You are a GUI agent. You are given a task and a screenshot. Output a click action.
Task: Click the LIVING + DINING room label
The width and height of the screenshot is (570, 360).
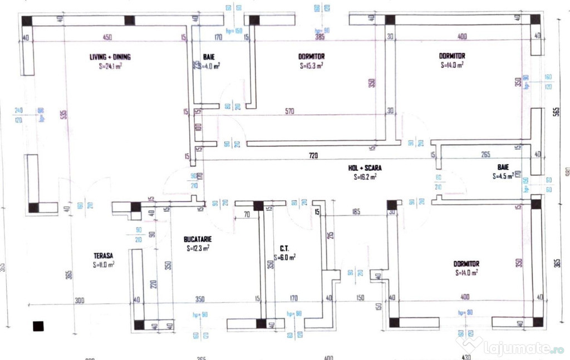tap(110, 57)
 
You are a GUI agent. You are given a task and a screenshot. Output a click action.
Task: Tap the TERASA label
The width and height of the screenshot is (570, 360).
tap(104, 256)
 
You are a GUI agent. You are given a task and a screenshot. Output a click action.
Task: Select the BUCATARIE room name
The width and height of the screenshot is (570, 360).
tap(198, 239)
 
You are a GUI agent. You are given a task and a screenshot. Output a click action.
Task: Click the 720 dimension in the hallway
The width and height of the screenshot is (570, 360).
tap(313, 156)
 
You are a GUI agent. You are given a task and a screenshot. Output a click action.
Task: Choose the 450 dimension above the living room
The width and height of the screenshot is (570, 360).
tap(108, 37)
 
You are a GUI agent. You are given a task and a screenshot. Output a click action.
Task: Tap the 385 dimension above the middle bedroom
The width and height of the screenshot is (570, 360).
tap(320, 37)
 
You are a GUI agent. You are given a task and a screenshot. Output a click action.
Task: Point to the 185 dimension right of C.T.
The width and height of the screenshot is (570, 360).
tap(356, 212)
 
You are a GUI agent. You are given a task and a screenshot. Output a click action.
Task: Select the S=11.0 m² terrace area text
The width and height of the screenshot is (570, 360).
tap(104, 265)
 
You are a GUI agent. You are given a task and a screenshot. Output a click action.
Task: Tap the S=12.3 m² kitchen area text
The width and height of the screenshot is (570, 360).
tap(198, 249)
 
